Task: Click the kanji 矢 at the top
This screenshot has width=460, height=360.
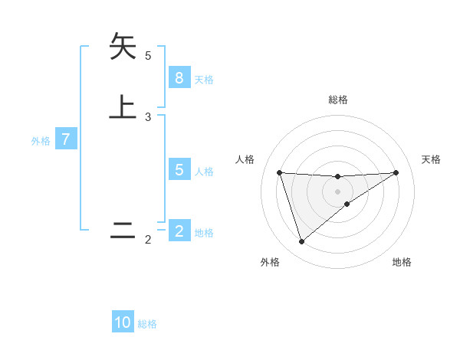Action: (123, 47)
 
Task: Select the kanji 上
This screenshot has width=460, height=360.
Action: (123, 106)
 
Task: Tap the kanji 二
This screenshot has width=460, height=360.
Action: (123, 231)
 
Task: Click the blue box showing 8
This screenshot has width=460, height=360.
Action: (179, 78)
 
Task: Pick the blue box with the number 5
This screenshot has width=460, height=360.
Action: (179, 170)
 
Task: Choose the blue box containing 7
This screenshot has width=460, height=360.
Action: (67, 140)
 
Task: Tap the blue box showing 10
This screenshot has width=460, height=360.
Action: (123, 322)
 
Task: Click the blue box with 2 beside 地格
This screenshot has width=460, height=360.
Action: (179, 231)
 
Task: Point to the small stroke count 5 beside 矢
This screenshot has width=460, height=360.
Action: (148, 55)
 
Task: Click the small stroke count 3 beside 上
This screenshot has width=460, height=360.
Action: (148, 116)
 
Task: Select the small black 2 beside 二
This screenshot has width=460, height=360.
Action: (148, 241)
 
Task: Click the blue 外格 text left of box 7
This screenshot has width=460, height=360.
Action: (41, 141)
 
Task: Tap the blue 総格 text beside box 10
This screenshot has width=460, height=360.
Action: (147, 324)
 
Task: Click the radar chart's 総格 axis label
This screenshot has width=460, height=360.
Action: (337, 100)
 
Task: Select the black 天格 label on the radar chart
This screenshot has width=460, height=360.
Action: (431, 159)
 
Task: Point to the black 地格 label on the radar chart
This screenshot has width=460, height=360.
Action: (402, 262)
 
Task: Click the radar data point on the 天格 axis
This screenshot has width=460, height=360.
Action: (396, 172)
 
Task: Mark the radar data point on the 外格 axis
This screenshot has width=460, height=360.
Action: (301, 242)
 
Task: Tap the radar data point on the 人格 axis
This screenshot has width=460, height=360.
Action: (279, 172)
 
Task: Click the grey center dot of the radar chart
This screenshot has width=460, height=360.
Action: (337, 191)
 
